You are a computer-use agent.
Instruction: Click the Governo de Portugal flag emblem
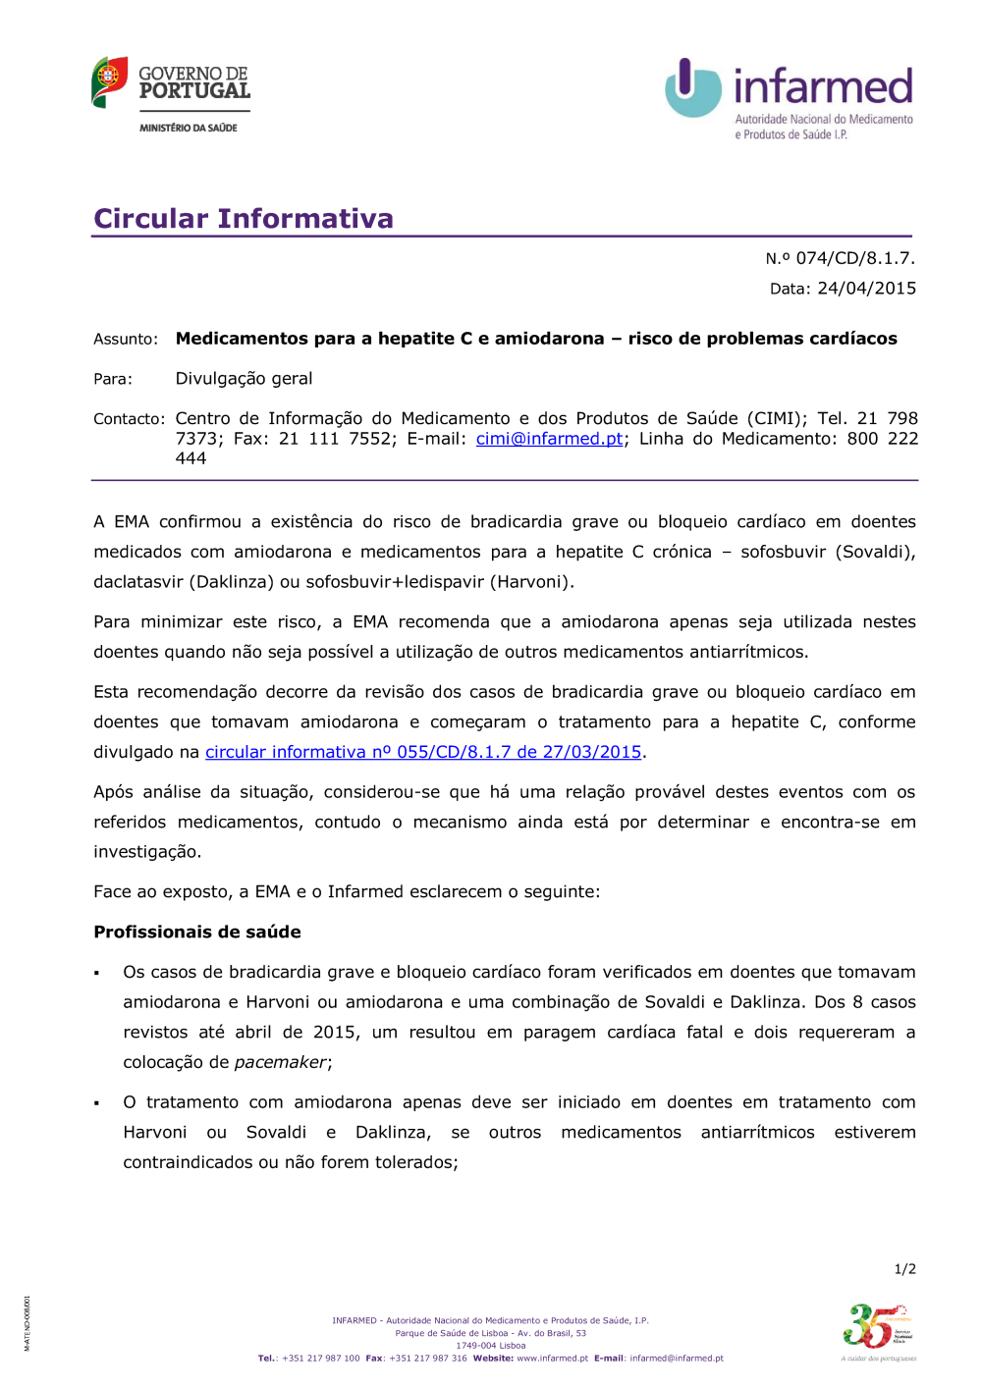tap(109, 82)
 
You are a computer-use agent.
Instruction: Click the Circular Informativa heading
tap(244, 218)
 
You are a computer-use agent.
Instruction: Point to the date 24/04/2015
tap(866, 289)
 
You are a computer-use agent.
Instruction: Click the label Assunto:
tap(126, 340)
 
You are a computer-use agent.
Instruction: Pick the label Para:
tap(113, 379)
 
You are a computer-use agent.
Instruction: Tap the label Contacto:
tap(130, 419)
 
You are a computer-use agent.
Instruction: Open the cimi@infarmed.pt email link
tap(549, 439)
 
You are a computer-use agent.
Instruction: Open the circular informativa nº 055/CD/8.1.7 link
tap(423, 752)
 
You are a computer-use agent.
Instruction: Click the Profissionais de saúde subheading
tap(197, 932)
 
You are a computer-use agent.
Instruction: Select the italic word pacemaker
tap(280, 1062)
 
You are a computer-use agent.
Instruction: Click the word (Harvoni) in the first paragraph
tap(532, 581)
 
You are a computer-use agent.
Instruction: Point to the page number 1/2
tap(904, 1269)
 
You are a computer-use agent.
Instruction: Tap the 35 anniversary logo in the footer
tap(877, 1328)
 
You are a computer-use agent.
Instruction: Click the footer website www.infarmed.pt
tap(552, 1359)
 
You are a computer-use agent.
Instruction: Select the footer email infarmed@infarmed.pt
tap(677, 1359)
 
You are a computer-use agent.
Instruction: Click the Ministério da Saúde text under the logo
tap(189, 128)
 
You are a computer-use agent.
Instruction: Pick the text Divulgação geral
tap(244, 379)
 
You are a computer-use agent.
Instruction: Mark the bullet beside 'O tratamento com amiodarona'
tap(97, 1103)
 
